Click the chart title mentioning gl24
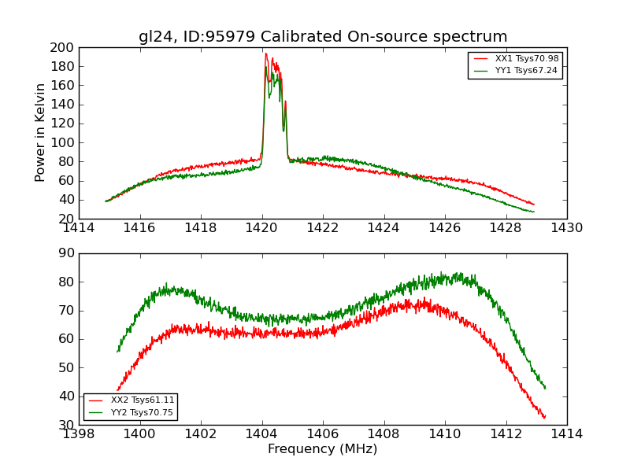click(x=323, y=37)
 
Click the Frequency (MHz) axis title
click(x=322, y=449)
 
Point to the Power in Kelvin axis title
click(x=40, y=133)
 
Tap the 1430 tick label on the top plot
click(x=566, y=228)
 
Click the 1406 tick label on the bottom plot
click(x=323, y=434)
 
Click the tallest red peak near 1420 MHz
click(x=265, y=53)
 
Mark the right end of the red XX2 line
click(x=544, y=417)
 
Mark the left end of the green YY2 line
click(x=117, y=351)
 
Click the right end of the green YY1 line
click(x=533, y=212)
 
